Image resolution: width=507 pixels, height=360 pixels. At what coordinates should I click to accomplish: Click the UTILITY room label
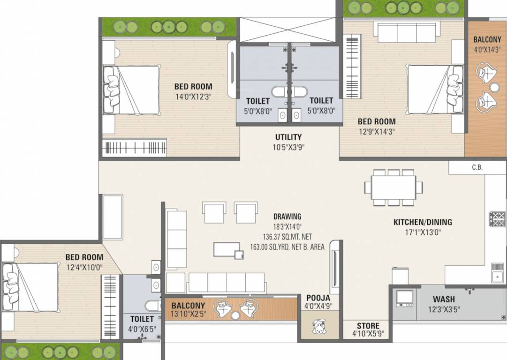point(288,137)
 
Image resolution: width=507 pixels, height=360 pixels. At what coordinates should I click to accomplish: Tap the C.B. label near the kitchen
point(477,167)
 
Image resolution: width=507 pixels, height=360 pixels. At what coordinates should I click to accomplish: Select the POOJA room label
point(318,298)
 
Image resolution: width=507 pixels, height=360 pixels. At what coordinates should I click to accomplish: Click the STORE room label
point(368,325)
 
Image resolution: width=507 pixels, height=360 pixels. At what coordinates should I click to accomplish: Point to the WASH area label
point(444,299)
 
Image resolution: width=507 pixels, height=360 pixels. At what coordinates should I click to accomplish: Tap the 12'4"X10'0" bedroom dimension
point(84,267)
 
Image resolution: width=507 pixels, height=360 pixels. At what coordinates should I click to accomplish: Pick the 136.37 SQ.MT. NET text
point(287,237)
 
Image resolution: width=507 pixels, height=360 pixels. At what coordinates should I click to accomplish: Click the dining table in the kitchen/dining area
point(393,187)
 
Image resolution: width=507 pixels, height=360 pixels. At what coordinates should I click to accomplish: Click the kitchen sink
point(497,273)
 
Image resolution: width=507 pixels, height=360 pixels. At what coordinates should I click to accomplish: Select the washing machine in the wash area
point(404,298)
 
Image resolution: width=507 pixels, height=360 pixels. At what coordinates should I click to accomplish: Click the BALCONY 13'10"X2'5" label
point(188,310)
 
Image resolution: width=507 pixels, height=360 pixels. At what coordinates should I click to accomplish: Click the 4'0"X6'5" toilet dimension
point(142,330)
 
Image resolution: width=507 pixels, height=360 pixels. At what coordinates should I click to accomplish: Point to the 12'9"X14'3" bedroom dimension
point(377,132)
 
